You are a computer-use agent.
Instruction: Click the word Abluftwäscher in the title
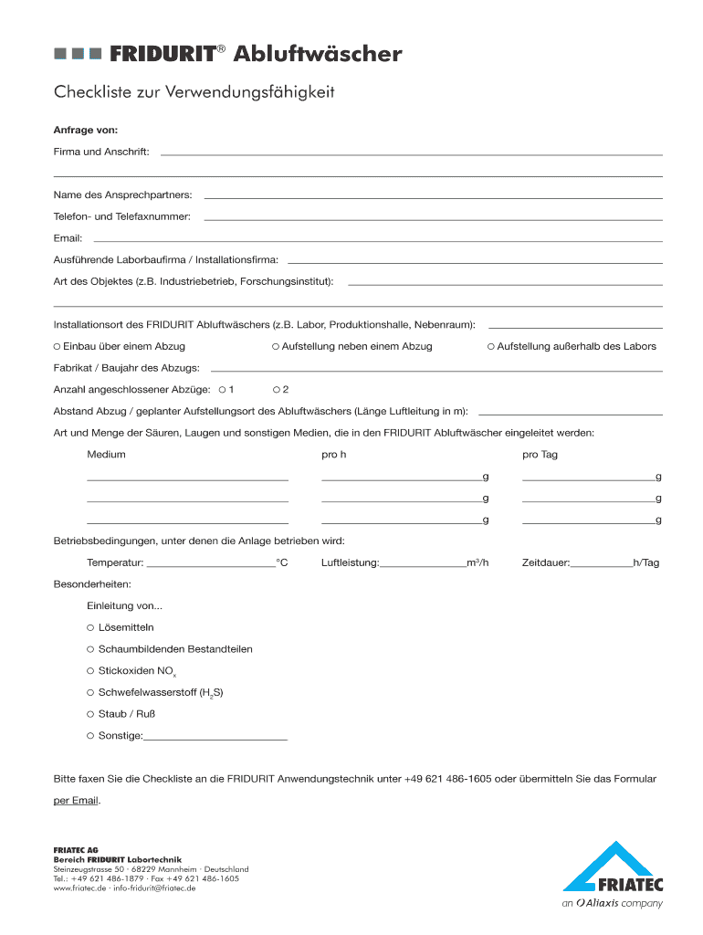(x=317, y=55)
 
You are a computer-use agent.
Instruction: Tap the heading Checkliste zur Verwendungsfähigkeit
(x=194, y=92)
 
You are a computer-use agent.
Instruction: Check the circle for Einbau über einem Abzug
(x=57, y=347)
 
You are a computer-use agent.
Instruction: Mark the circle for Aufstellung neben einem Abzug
(x=276, y=347)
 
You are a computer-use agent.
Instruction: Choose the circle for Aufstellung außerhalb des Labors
(x=490, y=347)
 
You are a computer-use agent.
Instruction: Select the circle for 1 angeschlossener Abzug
(x=222, y=390)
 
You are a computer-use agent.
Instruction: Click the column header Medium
(x=106, y=455)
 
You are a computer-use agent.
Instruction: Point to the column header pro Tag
(x=540, y=455)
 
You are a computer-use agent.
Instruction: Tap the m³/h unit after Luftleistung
(x=477, y=563)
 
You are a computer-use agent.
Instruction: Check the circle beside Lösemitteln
(x=90, y=627)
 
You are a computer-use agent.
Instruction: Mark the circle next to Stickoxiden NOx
(x=90, y=671)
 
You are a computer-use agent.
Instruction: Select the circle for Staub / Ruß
(x=90, y=714)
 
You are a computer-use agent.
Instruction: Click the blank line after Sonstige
(x=215, y=737)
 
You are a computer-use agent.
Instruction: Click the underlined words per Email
(x=77, y=801)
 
